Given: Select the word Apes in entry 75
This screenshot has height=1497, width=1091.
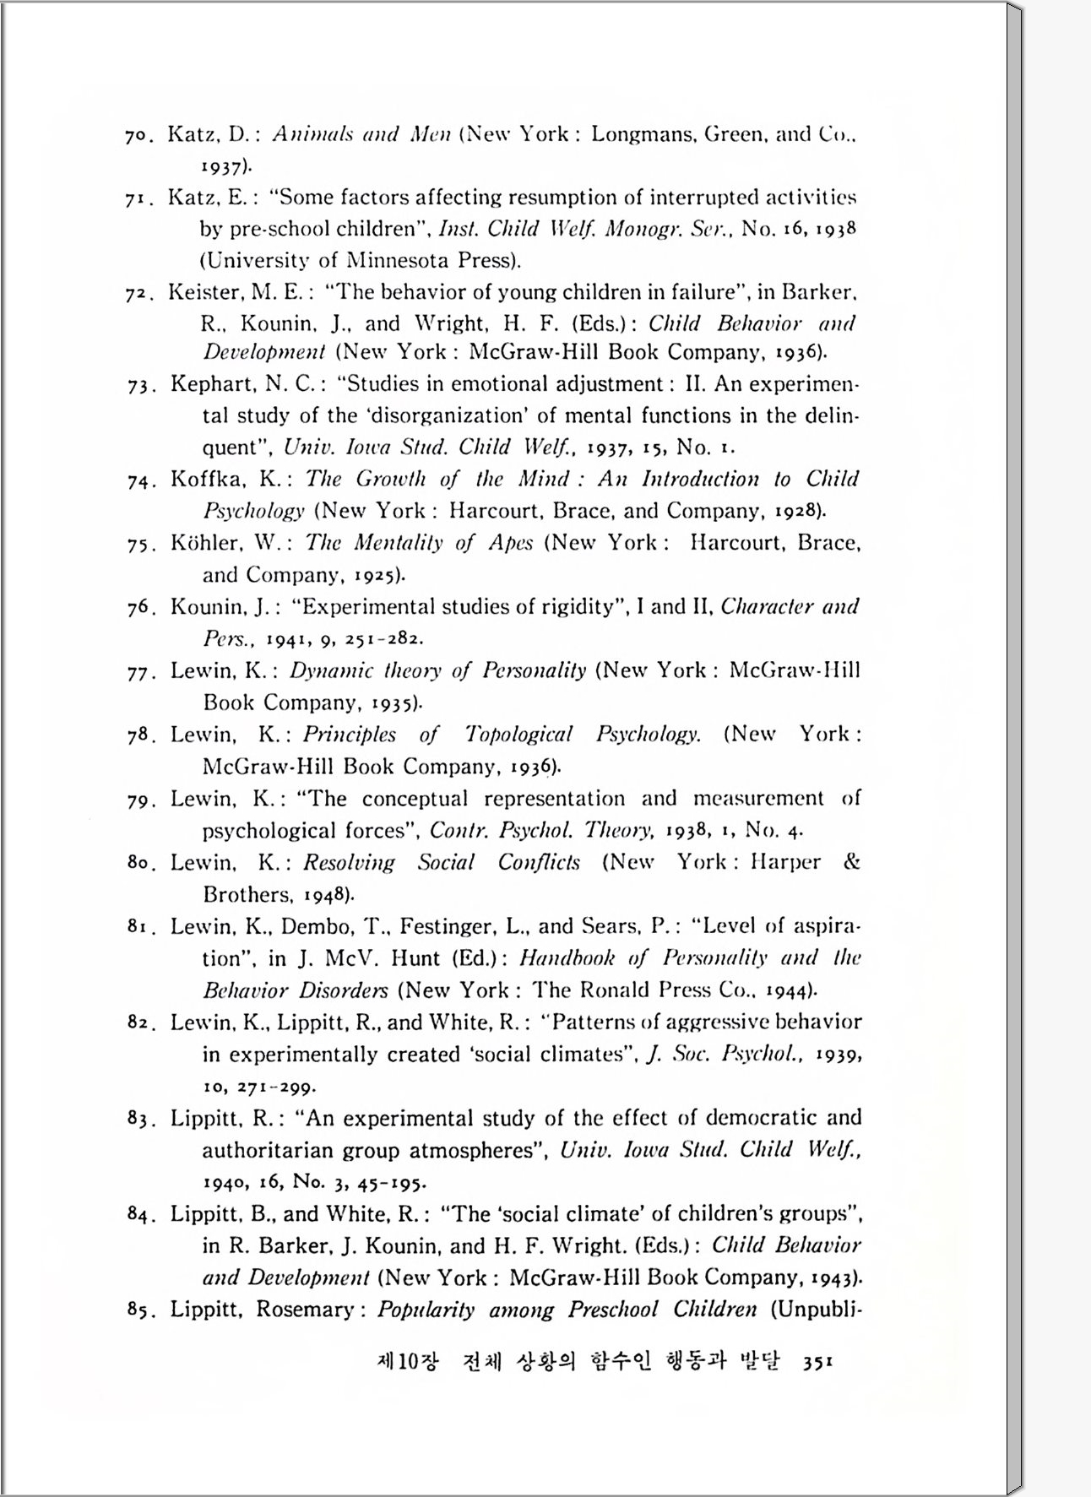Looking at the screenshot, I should tap(510, 543).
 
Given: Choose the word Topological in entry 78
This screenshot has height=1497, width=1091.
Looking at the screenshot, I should tap(518, 735).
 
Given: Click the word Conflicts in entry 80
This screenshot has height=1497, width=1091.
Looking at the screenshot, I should tap(539, 862).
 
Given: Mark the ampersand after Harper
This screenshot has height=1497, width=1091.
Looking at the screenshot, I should tap(851, 862).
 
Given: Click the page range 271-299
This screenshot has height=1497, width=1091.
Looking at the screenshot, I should tap(276, 1087).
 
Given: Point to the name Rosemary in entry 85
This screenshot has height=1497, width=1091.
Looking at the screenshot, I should tap(305, 1310).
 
